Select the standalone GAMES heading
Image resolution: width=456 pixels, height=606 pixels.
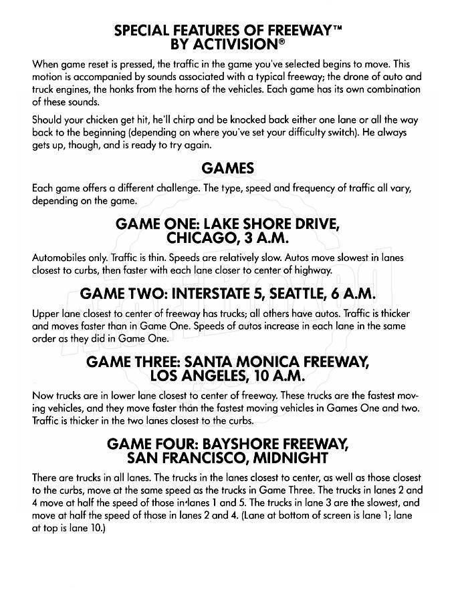(227, 169)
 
